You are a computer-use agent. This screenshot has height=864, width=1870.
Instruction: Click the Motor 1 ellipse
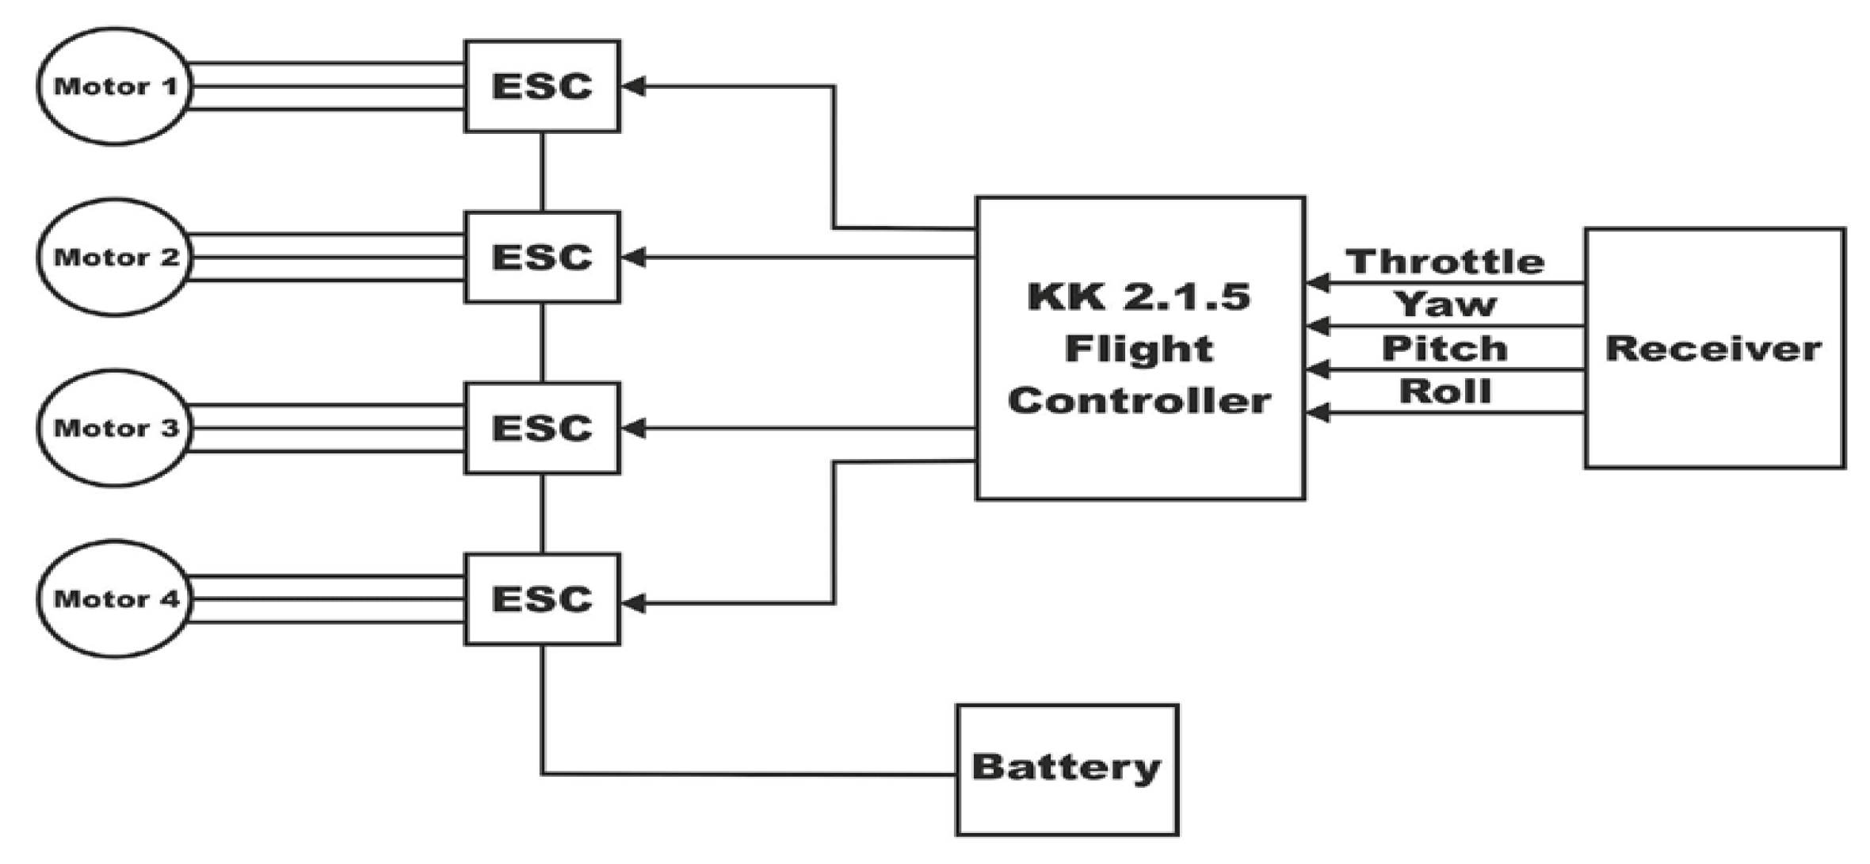point(115,86)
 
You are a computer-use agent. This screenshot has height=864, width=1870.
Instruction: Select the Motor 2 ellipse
point(115,258)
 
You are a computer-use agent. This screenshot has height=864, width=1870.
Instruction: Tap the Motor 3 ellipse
point(115,428)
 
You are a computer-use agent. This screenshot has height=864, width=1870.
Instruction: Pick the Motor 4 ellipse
point(115,599)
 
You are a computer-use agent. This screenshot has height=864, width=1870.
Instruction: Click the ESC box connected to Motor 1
point(542,86)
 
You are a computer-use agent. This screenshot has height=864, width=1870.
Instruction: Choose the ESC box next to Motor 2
point(542,257)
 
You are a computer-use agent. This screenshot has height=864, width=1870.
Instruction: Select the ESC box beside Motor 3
point(542,428)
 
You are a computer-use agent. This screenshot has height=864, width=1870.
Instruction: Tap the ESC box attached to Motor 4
point(542,599)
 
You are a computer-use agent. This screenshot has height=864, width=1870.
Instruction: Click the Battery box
point(1067,768)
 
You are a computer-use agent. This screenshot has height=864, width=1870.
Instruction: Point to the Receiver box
point(1715,349)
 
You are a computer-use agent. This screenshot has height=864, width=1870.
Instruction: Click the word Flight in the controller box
point(1139,349)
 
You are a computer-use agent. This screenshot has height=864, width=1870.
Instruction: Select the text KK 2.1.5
point(1139,296)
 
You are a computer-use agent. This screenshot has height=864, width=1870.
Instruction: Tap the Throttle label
point(1444,262)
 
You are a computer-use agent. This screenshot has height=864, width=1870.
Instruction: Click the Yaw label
point(1444,304)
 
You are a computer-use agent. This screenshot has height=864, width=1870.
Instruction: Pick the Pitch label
point(1444,349)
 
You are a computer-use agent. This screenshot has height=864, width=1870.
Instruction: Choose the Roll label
point(1444,392)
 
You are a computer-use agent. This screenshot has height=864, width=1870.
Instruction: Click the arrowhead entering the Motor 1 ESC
point(634,86)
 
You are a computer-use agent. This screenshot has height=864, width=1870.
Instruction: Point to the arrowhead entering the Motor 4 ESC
point(634,604)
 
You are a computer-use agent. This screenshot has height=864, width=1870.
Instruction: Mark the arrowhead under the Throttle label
point(1318,283)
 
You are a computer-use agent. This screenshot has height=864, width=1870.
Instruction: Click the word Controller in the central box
point(1139,400)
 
